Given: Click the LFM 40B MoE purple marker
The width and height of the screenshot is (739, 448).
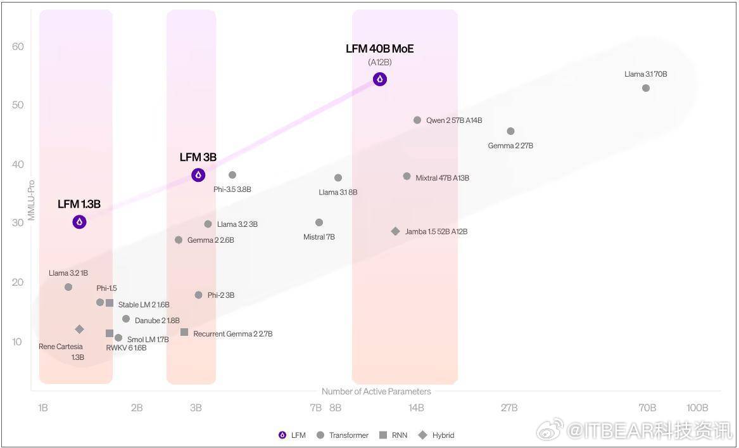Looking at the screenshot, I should tap(379, 79).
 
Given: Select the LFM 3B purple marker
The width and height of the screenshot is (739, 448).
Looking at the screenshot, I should tap(198, 175).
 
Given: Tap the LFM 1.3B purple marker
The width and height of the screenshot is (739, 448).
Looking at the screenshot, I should tap(79, 222).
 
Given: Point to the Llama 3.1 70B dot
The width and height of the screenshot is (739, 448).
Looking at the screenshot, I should tap(646, 88).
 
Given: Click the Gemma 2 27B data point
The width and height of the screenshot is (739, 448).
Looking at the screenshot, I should tap(510, 131).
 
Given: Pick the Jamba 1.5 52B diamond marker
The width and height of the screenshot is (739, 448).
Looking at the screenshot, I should tap(396, 231).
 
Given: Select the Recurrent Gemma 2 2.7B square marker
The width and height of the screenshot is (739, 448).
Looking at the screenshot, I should tap(184, 332).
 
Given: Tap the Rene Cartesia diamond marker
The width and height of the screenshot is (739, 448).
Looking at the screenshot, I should tap(79, 329).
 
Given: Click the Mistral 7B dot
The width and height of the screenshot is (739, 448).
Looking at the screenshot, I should tap(319, 222).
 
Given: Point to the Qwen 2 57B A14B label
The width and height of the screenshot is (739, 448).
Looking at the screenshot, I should tap(454, 120).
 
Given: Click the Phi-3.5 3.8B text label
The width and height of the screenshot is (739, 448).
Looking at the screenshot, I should tap(232, 189).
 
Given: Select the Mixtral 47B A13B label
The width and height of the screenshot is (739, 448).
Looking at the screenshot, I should tap(443, 178).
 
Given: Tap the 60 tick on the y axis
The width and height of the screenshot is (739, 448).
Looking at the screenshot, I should tap(18, 46).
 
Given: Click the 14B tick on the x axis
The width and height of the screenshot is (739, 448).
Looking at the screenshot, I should tap(416, 407).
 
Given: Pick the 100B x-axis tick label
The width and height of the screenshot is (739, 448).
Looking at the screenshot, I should tap(697, 407).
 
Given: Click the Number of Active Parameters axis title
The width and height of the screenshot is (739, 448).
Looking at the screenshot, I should tap(376, 392).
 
